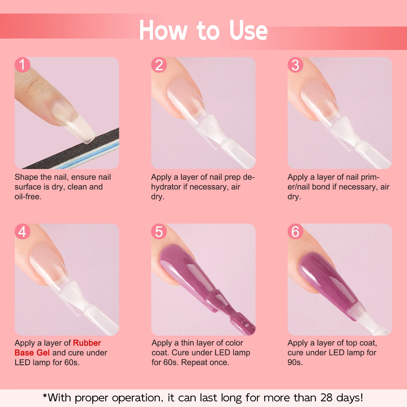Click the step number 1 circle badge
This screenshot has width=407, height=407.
22,65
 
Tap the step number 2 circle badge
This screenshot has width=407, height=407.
159,65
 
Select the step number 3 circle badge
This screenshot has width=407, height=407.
295,65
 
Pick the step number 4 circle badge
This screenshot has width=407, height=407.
22,231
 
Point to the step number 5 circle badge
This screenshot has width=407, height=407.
159,231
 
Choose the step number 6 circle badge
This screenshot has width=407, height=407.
295,231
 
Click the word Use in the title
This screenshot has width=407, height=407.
248,30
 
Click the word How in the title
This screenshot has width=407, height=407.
163,30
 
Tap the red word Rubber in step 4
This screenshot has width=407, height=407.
87,343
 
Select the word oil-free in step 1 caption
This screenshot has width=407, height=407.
28,197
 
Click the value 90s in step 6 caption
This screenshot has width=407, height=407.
295,363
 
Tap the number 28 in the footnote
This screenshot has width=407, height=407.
326,398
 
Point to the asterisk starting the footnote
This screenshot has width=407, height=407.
45,397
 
